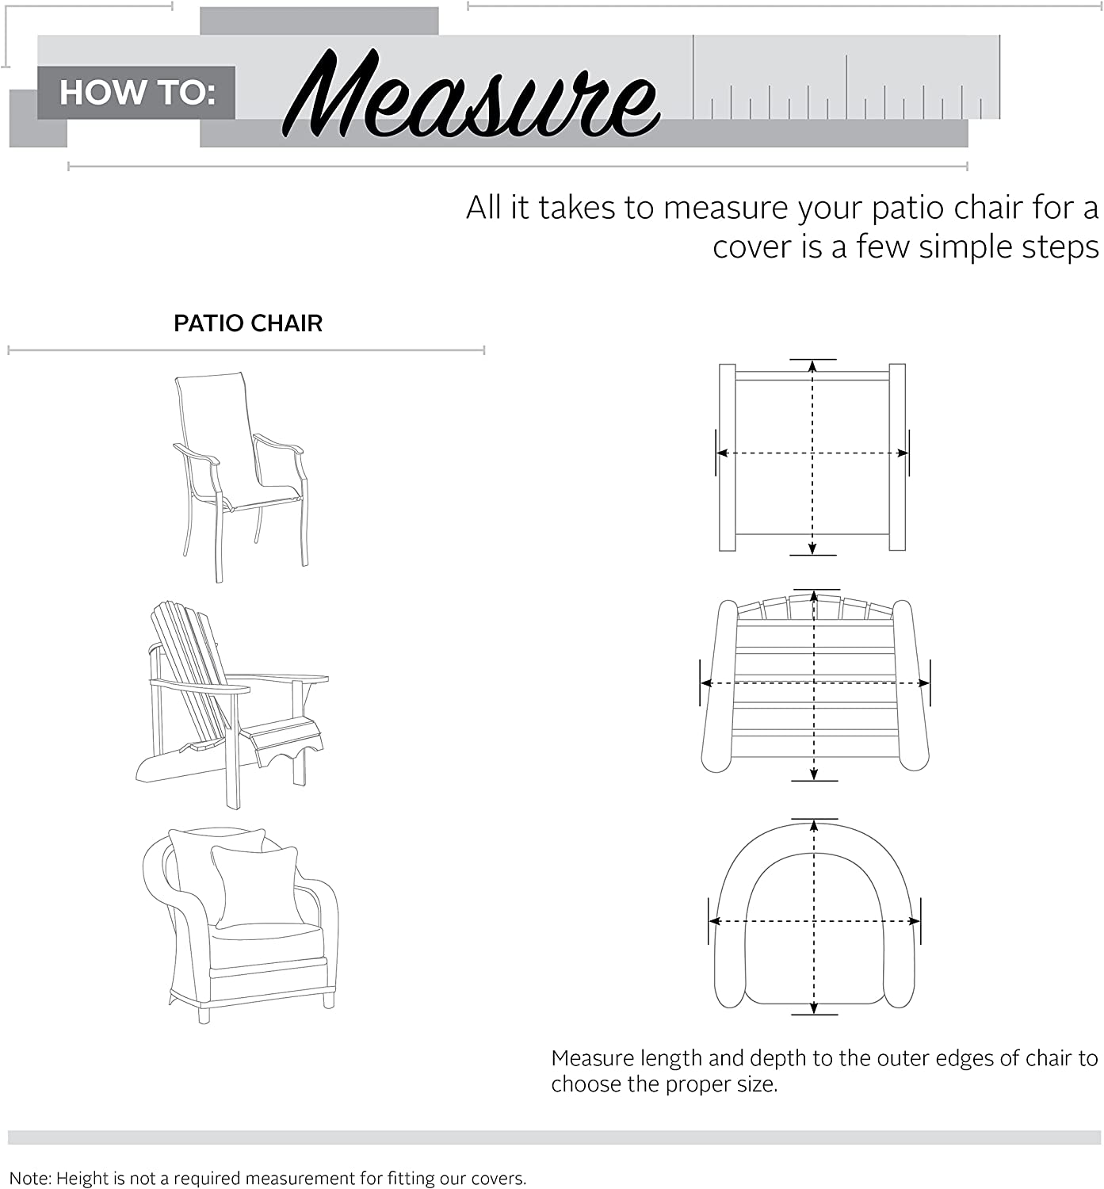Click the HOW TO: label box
point(136,93)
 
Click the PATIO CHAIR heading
point(248,323)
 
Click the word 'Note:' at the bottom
point(29,1179)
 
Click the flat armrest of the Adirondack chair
point(277,679)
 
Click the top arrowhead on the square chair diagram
point(812,366)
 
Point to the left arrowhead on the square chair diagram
point(722,453)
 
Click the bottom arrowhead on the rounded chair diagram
point(814,1008)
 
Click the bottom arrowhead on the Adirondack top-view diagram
point(814,774)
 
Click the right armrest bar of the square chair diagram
point(897,457)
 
